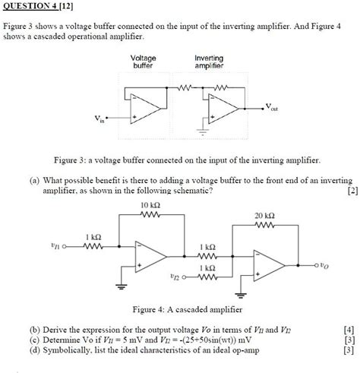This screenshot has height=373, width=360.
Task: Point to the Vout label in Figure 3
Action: (271, 109)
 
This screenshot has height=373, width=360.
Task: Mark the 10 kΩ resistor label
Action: (150, 205)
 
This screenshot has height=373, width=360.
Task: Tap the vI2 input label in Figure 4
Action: (179, 278)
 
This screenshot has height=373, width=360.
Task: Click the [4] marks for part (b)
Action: (347, 330)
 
